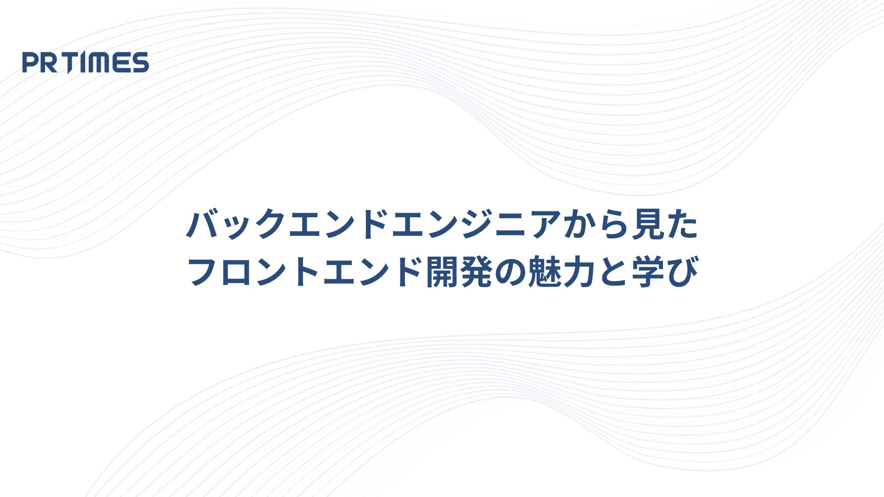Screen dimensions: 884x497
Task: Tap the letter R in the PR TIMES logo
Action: pos(49,62)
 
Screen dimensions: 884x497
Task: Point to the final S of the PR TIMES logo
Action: pos(140,62)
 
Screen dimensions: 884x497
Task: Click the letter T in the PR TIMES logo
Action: pos(69,62)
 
